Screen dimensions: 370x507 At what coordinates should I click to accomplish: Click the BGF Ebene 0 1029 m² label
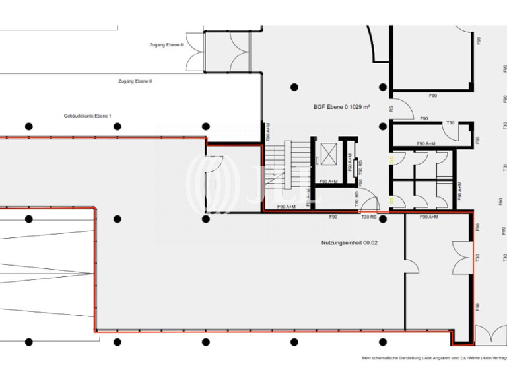pyautogui.click(x=341, y=106)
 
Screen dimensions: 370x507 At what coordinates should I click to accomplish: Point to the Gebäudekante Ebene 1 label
pyautogui.click(x=88, y=116)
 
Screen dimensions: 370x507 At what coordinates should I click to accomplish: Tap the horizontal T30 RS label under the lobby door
pyautogui.click(x=368, y=217)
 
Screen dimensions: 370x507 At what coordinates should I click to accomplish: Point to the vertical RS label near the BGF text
pyautogui.click(x=391, y=110)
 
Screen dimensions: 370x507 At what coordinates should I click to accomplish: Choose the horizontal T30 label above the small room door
pyautogui.click(x=450, y=123)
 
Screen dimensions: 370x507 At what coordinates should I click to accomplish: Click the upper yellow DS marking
pyautogui.click(x=391, y=159)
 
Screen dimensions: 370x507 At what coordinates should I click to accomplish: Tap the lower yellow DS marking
pyautogui.click(x=391, y=200)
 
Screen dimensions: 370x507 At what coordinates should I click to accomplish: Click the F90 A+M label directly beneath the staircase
pyautogui.click(x=286, y=207)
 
